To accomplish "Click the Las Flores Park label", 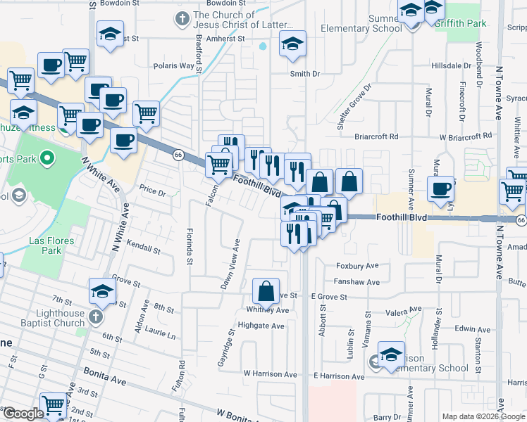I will [47, 245].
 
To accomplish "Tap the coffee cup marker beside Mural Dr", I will [441, 188].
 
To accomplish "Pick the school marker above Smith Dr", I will [292, 44].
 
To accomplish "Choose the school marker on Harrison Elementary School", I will [391, 355].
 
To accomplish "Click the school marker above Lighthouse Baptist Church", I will [102, 292].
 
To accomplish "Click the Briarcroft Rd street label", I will [376, 136].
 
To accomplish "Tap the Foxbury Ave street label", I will [358, 266].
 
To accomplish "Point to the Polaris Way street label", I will [174, 65].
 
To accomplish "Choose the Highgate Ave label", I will [261, 326].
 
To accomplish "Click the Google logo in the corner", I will [23, 414].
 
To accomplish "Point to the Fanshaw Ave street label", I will [357, 282].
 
